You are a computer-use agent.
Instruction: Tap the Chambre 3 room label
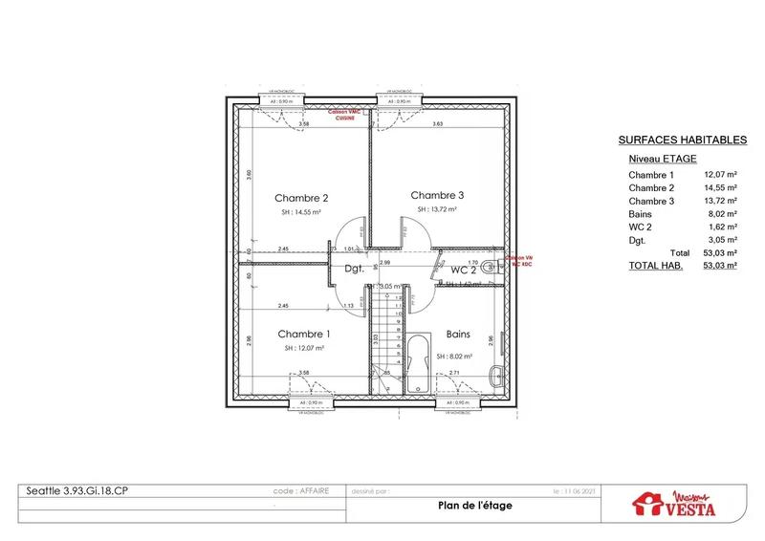437,194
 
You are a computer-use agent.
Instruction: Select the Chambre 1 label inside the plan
304,334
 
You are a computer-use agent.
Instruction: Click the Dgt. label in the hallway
355,270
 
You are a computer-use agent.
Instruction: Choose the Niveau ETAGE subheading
663,158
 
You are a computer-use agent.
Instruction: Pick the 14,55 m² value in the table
720,188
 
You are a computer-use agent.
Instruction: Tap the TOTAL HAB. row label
655,268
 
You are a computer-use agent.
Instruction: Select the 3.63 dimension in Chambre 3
437,124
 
